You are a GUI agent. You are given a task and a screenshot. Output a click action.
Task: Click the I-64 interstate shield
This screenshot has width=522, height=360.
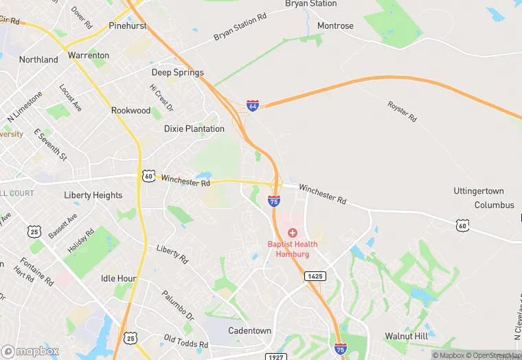coord(253,106)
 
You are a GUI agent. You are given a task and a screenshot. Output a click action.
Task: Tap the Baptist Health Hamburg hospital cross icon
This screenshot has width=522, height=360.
coord(293,234)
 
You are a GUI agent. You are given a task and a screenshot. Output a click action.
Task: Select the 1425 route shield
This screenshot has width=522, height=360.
coord(315,275)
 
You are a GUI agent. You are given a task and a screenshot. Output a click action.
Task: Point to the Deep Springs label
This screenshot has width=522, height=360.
coord(178,72)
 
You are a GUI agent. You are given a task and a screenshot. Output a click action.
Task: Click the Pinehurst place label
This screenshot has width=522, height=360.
coord(128,26)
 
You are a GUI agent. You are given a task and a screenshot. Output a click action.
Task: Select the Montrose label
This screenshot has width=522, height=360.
coord(335,26)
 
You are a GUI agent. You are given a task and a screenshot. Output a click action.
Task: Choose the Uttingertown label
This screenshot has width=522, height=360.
coord(479,191)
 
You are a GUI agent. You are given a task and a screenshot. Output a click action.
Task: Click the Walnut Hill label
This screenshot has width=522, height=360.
coord(406,336)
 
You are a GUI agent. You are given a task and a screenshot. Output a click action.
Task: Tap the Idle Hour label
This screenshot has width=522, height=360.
coord(118,278)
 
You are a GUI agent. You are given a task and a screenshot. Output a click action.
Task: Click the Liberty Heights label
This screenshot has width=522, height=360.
coord(93,195)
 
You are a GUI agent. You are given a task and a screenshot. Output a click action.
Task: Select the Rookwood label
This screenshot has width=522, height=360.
coord(130,110)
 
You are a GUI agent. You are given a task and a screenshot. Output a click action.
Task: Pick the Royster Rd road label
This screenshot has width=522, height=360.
coord(402,111)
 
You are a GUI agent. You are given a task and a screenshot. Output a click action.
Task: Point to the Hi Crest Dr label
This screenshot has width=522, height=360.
coord(161,98)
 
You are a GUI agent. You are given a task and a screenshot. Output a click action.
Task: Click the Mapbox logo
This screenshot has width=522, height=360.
coord(30,351)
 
